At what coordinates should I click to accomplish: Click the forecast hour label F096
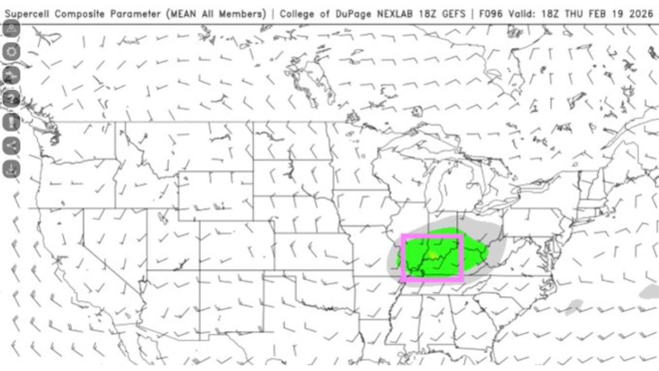(489, 14)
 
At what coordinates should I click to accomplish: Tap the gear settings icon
(12, 51)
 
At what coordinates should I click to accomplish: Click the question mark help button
(12, 98)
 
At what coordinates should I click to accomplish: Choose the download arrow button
(12, 168)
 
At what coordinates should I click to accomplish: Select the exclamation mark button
(12, 122)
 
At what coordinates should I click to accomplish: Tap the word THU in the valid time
(580, 14)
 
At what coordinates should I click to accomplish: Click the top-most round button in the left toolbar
(12, 28)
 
